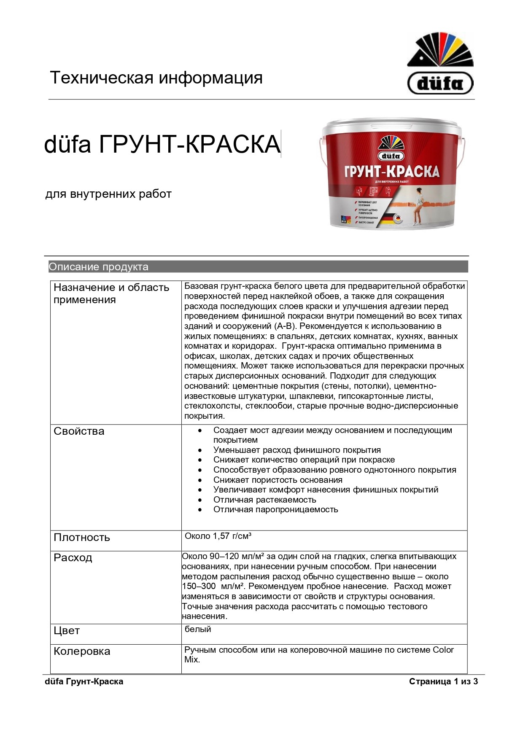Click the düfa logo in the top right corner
click(x=440, y=64)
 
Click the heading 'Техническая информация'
click(x=156, y=78)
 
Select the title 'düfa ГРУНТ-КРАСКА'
click(x=162, y=144)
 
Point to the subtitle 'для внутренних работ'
click(x=108, y=194)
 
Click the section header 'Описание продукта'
click(x=98, y=266)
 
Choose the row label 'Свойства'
click(x=79, y=431)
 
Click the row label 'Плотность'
click(x=81, y=537)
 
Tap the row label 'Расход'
click(x=73, y=557)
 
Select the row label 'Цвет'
click(x=67, y=630)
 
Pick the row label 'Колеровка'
click(x=82, y=651)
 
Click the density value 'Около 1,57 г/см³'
click(x=218, y=536)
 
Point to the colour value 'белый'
click(x=198, y=629)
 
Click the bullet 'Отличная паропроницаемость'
click(x=275, y=509)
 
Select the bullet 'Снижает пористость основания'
click(x=278, y=480)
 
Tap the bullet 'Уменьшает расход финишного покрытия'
click(x=297, y=450)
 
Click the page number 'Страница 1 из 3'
click(x=443, y=681)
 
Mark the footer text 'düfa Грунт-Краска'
click(x=84, y=681)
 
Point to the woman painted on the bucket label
click(x=418, y=207)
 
